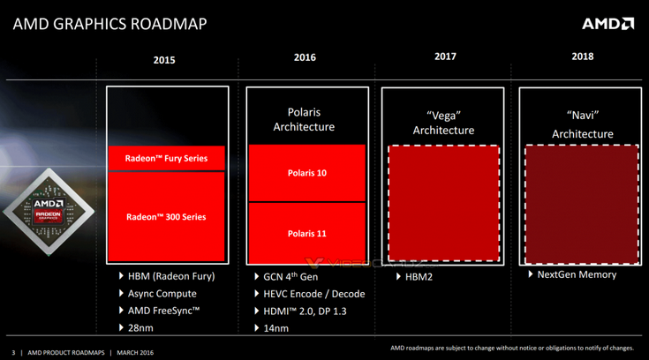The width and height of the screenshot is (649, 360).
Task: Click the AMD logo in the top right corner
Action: pos(607,23)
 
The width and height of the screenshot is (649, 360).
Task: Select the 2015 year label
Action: pos(164,60)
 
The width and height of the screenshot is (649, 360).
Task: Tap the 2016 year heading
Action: pos(305,57)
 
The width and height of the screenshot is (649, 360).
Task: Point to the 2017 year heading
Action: pos(445,56)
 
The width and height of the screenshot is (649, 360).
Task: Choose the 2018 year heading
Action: pos(583,56)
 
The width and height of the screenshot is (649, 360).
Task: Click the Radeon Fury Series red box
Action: pos(167,158)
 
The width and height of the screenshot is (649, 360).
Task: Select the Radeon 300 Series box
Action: pos(167,216)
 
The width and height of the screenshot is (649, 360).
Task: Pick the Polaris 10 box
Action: pos(306,173)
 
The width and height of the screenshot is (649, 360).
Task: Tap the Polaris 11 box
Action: pos(306,233)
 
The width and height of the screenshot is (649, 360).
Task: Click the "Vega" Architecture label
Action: pos(443,123)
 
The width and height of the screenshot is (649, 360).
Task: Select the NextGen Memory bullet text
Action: pos(577,274)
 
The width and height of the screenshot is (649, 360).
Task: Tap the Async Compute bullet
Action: pos(162,294)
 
